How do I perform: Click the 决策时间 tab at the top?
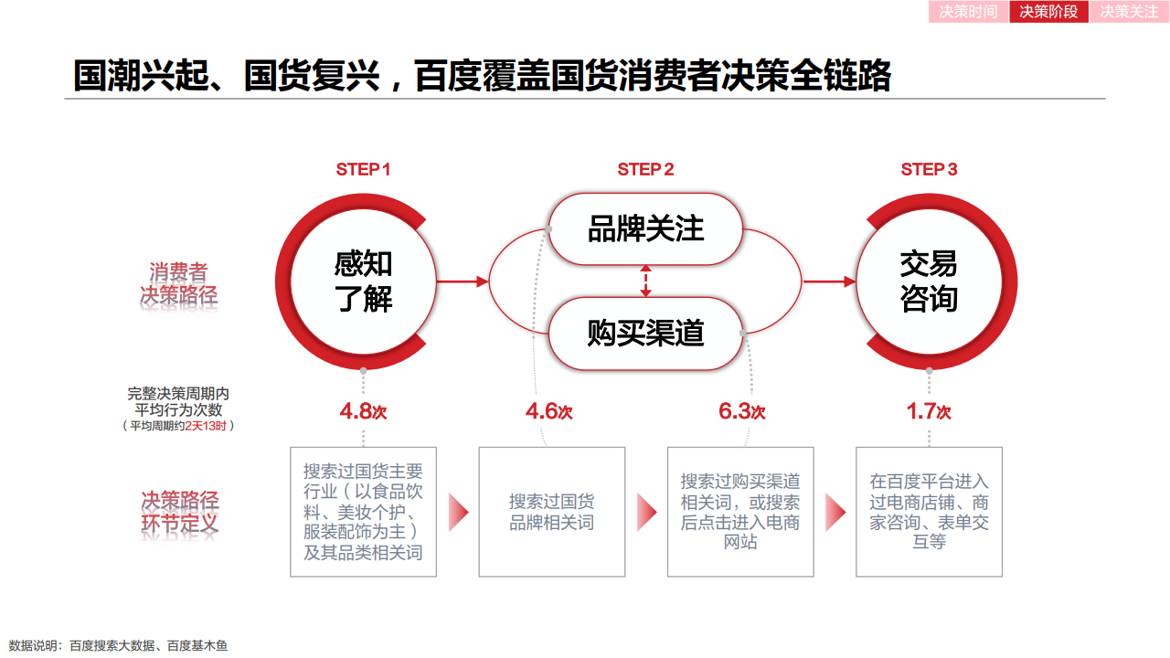click(968, 12)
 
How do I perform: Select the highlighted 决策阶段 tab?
click(1048, 12)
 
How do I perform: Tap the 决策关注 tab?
click(1129, 12)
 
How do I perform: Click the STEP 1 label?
click(363, 169)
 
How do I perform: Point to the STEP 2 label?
click(645, 169)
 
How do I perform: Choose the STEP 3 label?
click(929, 169)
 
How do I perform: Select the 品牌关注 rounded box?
click(645, 228)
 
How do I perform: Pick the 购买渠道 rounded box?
click(645, 334)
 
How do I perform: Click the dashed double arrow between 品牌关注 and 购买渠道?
click(645, 281)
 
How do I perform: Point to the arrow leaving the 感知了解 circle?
click(463, 281)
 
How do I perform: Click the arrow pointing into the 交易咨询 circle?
click(829, 281)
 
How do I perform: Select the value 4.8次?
click(363, 411)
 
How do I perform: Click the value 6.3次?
click(741, 411)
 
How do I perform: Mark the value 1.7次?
click(929, 411)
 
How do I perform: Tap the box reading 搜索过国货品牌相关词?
click(551, 512)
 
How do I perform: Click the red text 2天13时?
click(206, 426)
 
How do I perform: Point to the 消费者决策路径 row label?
click(178, 283)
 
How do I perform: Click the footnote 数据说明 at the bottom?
click(118, 646)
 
